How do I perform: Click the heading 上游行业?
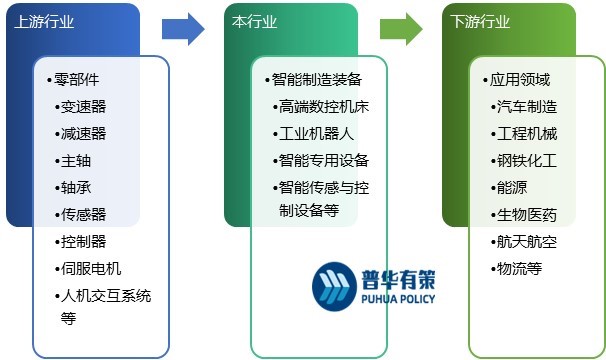pos(45,21)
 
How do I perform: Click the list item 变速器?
pos(83,106)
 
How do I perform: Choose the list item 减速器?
pos(83,133)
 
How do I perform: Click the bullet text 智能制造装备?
pos(316,79)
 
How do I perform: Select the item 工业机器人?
pos(309,133)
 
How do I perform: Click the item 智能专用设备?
pos(316,160)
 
